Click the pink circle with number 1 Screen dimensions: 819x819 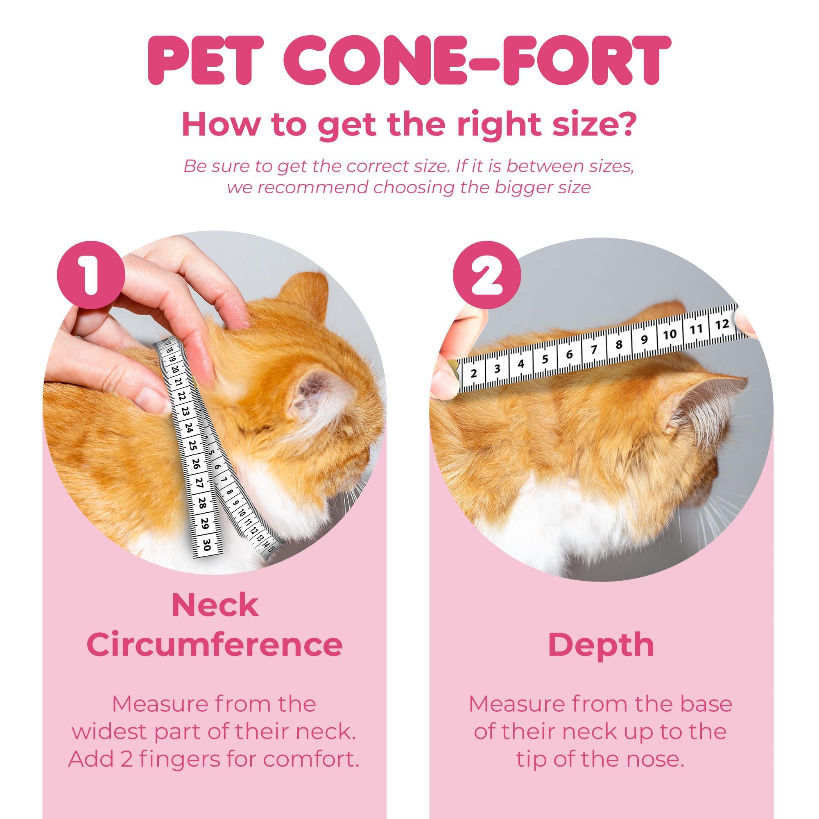click(x=91, y=275)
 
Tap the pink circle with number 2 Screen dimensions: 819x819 click(x=486, y=275)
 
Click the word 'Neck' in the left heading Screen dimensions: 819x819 click(x=215, y=605)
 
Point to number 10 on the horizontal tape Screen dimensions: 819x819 click(x=670, y=335)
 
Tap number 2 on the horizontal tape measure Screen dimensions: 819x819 click(x=474, y=374)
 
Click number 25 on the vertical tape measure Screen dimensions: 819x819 click(x=192, y=445)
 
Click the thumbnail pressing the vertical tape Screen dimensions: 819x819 click(x=154, y=399)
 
